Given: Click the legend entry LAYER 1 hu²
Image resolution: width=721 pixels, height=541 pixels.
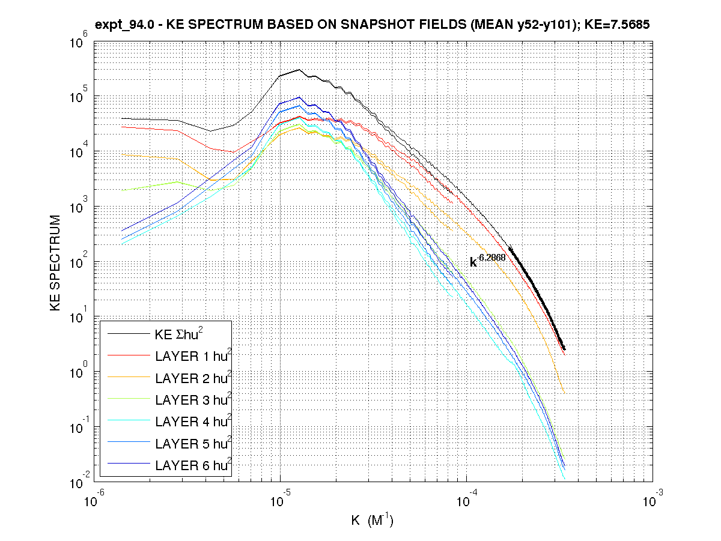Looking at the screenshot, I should (193, 357).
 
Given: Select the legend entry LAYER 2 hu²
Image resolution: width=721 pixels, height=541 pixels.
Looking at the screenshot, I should (193, 378).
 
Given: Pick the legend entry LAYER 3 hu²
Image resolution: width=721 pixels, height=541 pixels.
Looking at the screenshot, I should (193, 400).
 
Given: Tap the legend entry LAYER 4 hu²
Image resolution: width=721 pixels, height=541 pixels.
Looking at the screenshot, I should (193, 422).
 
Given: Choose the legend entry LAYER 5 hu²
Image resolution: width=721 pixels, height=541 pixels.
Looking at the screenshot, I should (193, 443).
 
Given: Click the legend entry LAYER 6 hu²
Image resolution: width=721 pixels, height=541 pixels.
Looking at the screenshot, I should (193, 465).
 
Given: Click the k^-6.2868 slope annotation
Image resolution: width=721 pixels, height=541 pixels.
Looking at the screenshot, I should (487, 261).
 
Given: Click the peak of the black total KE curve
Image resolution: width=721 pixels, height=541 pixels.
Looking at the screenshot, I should (299, 70).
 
